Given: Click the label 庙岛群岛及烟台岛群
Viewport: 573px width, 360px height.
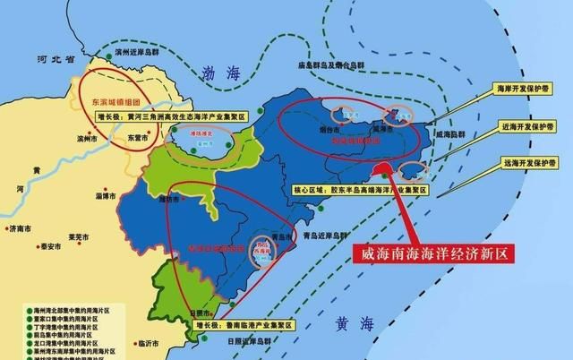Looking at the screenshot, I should (333, 65).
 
